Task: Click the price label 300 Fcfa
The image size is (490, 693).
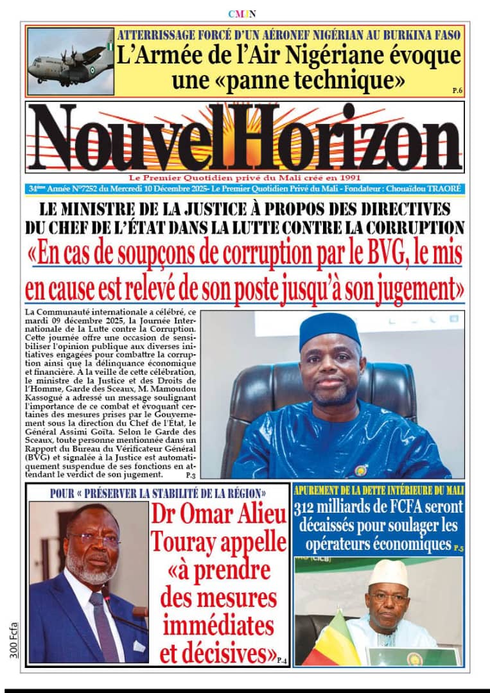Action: pos(14,639)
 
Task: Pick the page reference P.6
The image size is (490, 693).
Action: pos(457,90)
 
